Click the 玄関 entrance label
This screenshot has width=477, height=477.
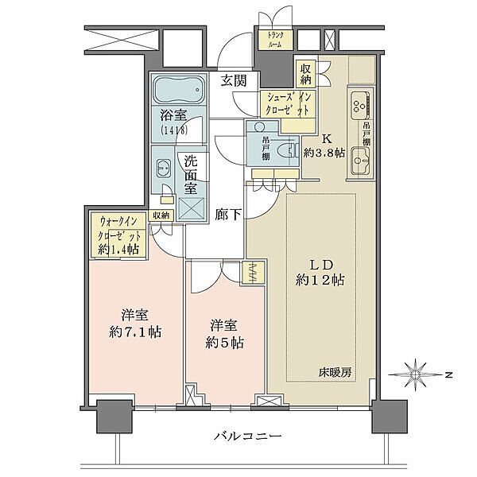(x=234, y=80)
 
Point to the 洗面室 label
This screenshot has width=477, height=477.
(x=191, y=174)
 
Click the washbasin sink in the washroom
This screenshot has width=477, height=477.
(x=164, y=168)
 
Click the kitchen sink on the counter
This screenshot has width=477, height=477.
(x=358, y=103)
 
